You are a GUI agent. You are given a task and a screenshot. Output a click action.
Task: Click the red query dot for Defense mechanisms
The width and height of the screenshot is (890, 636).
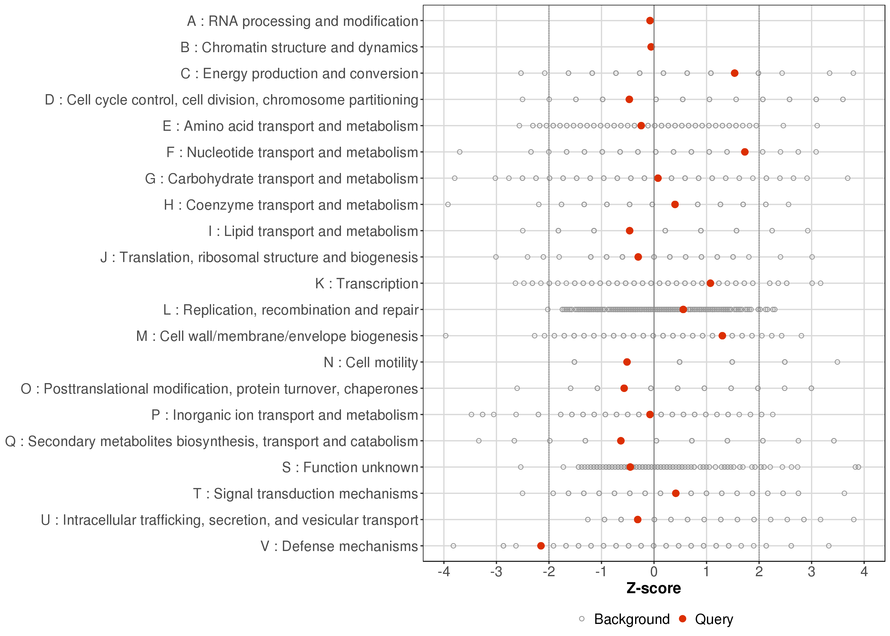click(x=541, y=546)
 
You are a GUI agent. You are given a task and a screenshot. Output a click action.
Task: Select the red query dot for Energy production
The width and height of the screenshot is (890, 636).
click(x=735, y=73)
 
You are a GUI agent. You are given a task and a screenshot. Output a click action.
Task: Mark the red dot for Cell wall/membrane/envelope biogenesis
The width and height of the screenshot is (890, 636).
click(x=722, y=336)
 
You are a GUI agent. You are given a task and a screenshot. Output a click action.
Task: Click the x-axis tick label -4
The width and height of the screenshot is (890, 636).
click(x=444, y=572)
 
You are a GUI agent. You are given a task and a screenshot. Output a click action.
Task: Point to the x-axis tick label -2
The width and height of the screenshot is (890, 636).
click(x=549, y=572)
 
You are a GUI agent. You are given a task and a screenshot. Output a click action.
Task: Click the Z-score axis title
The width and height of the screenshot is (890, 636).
click(x=654, y=589)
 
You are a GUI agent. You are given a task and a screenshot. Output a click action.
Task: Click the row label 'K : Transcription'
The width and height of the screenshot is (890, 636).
click(x=367, y=283)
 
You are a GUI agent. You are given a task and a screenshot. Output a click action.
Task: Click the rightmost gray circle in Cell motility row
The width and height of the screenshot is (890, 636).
click(x=837, y=362)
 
